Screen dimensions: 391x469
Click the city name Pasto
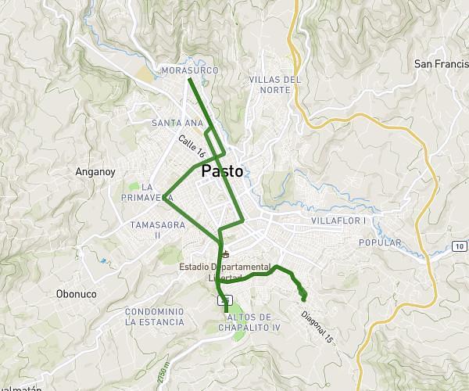pyautogui.click(x=222, y=171)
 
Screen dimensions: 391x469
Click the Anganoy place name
pyautogui.click(x=95, y=171)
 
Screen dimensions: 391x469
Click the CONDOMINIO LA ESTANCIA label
pyautogui.click(x=155, y=316)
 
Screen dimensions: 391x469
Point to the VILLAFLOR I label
pyautogui.click(x=338, y=221)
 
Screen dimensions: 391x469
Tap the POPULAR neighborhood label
pyautogui.click(x=379, y=243)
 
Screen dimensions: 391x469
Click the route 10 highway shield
pyautogui.click(x=459, y=247)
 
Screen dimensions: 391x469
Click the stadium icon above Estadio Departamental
pyautogui.click(x=225, y=253)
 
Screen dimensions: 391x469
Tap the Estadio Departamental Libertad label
pyautogui.click(x=224, y=272)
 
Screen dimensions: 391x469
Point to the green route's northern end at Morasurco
pyautogui.click(x=189, y=80)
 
